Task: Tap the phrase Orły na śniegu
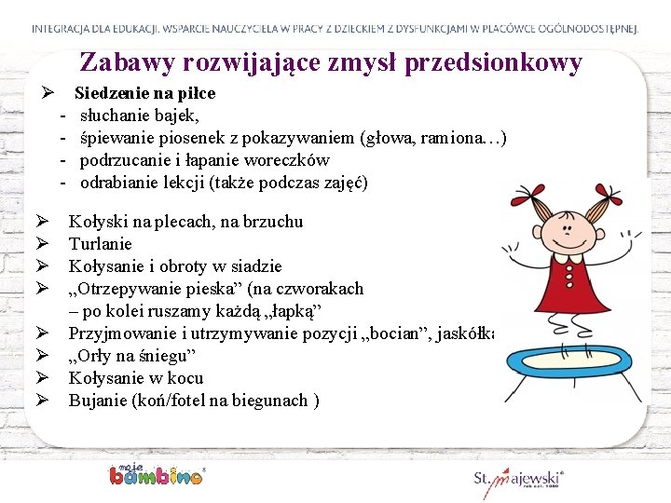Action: (131, 356)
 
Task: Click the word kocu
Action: (185, 378)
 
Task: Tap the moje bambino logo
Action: (156, 474)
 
